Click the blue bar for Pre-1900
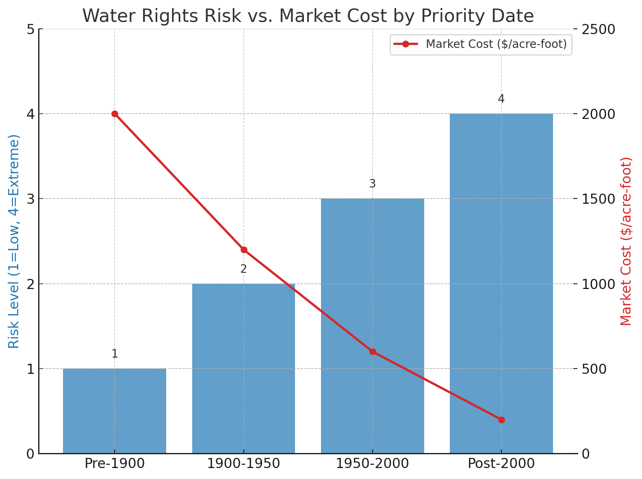pyautogui.click(x=115, y=411)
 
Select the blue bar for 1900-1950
pyautogui.click(x=243, y=369)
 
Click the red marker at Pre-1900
pyautogui.click(x=115, y=114)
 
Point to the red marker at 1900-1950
pyautogui.click(x=244, y=250)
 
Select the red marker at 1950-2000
pyautogui.click(x=373, y=352)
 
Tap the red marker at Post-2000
pyautogui.click(x=501, y=420)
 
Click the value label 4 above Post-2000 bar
pyautogui.click(x=501, y=99)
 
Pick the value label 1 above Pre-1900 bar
pyautogui.click(x=115, y=354)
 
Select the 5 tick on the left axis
pyautogui.click(x=30, y=29)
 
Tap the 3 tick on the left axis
pyautogui.click(x=30, y=199)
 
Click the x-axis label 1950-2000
pyautogui.click(x=372, y=464)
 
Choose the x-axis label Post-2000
pyautogui.click(x=501, y=464)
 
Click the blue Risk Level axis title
pyautogui.click(x=14, y=241)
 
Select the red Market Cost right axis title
pyautogui.click(x=627, y=241)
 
